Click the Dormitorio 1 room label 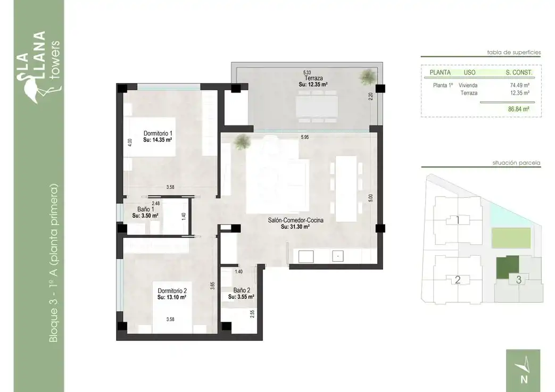coord(158,134)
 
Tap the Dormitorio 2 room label coord(172,291)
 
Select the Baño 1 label coord(145,210)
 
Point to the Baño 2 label coord(242,290)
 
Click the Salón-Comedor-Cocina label coord(295,220)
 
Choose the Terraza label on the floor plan coord(313,78)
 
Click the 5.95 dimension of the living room coord(305,137)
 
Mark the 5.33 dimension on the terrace coord(307,72)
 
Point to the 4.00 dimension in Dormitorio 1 coord(129,142)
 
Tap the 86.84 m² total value coord(518,110)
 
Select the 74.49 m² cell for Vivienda coord(519,85)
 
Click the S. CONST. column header coord(519,72)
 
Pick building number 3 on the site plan coord(518,280)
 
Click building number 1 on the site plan coord(458,220)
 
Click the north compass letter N coord(524,379)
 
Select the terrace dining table coord(317,106)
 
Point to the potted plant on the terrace coord(367,77)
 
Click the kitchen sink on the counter coord(338,256)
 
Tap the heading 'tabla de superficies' coord(514,52)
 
